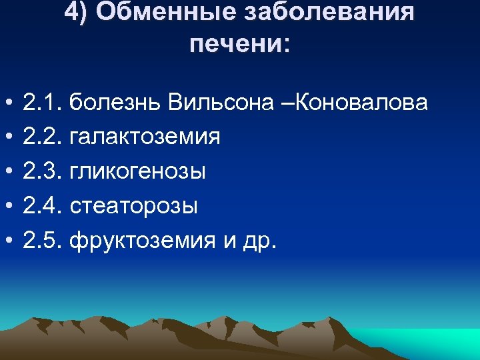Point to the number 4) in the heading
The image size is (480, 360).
point(76,13)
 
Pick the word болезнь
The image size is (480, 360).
point(116,103)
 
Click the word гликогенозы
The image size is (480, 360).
point(137,171)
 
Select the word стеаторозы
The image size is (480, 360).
point(133,205)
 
